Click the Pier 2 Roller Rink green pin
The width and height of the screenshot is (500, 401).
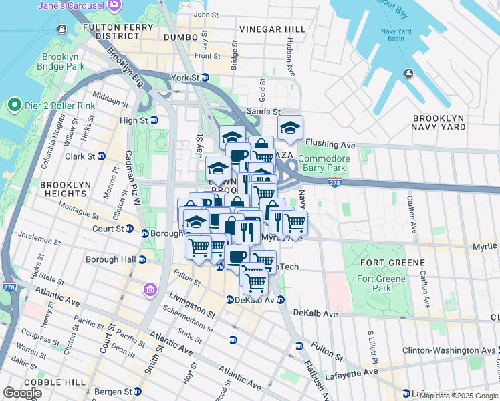click(13, 106)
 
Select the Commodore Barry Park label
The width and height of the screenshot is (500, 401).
click(322, 163)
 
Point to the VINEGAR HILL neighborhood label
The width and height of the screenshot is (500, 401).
click(272, 29)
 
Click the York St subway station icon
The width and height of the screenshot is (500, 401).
click(205, 78)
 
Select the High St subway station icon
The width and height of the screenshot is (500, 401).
click(154, 120)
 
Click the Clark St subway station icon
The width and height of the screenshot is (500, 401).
click(102, 156)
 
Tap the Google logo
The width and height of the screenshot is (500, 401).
click(22, 393)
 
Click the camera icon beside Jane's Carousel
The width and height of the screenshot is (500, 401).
click(114, 5)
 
